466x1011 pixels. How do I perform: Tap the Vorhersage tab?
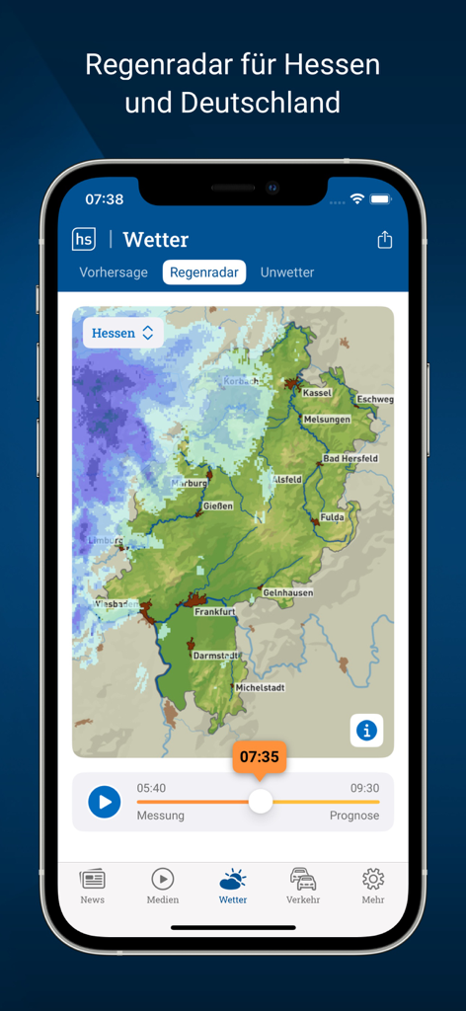(x=114, y=272)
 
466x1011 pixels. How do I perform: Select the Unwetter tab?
(x=287, y=272)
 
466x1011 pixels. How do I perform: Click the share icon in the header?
(x=384, y=240)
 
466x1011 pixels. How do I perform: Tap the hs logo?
(x=84, y=239)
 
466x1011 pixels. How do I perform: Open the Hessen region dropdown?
(x=122, y=333)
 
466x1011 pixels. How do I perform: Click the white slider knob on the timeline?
(x=260, y=801)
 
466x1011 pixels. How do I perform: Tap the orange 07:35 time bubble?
(x=260, y=757)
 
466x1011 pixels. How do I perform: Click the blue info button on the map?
(x=366, y=731)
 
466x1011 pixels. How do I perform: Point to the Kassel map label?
(x=317, y=392)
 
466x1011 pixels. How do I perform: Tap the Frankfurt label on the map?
(x=213, y=612)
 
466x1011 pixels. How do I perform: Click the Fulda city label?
(x=331, y=516)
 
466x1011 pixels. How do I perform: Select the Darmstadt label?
(x=214, y=655)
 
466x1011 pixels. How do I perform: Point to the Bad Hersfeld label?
(x=350, y=458)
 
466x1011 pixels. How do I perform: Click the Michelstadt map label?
(x=259, y=687)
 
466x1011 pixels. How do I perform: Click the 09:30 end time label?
(x=364, y=788)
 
